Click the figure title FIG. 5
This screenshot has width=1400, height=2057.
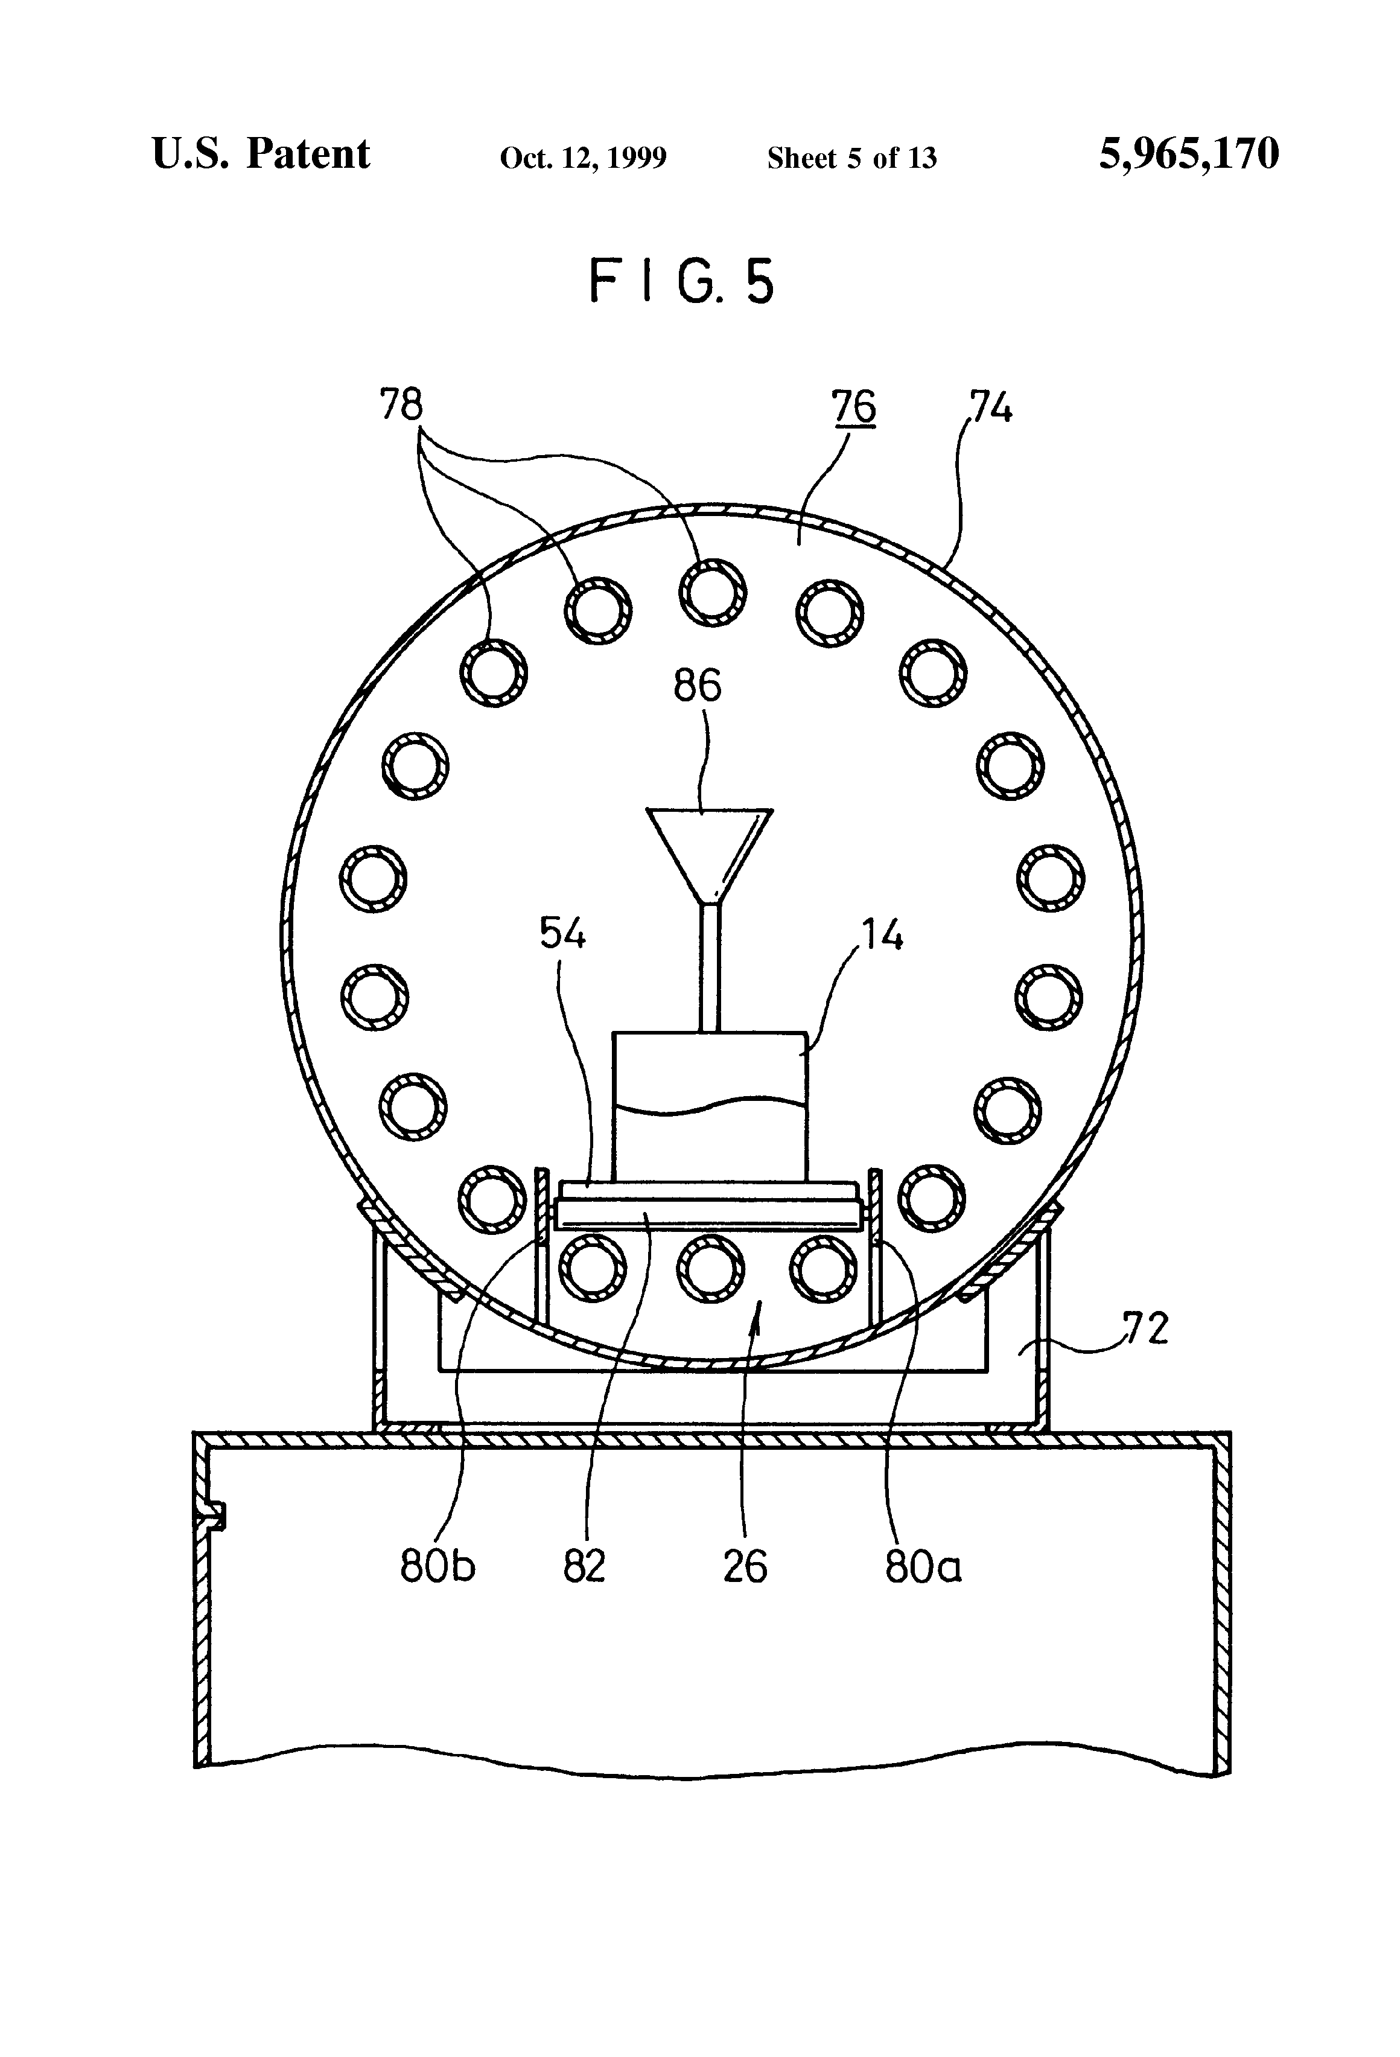click(681, 281)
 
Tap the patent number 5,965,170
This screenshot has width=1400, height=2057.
click(1189, 154)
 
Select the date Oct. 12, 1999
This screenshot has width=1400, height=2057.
click(583, 158)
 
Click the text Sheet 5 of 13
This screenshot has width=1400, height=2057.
click(851, 158)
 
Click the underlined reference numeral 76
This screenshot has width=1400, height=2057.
click(853, 407)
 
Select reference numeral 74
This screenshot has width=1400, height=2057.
click(990, 407)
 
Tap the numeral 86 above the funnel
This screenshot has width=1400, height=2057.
click(698, 686)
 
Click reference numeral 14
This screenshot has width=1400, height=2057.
click(882, 935)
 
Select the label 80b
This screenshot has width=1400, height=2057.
click(437, 1567)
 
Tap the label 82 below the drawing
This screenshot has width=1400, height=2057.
click(584, 1567)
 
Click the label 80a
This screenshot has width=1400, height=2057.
click(922, 1567)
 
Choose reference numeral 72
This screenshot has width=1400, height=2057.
click(1145, 1328)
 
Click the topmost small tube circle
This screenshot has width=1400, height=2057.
click(713, 592)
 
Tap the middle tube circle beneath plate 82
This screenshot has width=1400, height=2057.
click(710, 1268)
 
